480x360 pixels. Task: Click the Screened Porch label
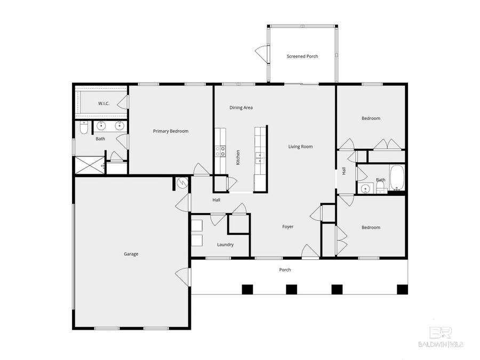(302, 56)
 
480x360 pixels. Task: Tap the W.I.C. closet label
(103, 103)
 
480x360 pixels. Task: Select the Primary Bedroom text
(171, 131)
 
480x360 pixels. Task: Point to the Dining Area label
(241, 108)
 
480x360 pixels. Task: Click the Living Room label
(300, 147)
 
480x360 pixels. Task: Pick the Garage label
(131, 254)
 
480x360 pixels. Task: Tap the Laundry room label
(225, 245)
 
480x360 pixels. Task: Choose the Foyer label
(288, 227)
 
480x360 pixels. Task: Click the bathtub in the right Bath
(397, 178)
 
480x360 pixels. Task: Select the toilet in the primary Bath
(83, 128)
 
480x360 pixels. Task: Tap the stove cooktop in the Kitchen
(220, 151)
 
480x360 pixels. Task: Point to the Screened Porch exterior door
(261, 54)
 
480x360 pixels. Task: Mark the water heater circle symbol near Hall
(182, 183)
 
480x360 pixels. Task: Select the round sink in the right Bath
(365, 188)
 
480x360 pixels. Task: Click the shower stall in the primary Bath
(89, 166)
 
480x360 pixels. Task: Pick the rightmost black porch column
(402, 289)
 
